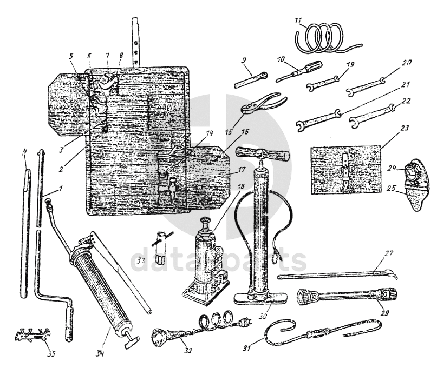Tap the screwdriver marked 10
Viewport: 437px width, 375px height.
tap(298, 72)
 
